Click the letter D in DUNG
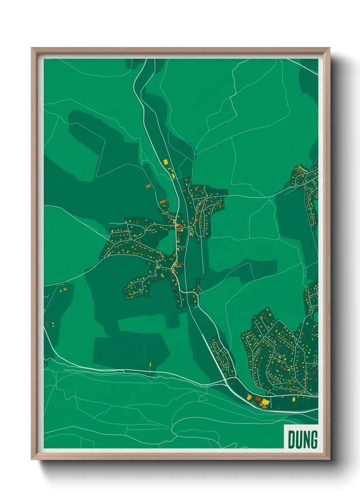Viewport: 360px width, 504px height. point(291,440)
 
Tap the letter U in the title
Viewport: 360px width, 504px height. point(298,440)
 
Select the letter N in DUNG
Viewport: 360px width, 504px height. point(306,440)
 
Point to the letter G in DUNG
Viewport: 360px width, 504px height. point(313,440)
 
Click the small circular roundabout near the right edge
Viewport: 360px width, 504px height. point(296,186)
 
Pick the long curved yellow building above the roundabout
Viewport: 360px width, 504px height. point(302,168)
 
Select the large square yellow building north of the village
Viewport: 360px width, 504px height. point(166,161)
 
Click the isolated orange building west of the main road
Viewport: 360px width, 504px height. point(148,186)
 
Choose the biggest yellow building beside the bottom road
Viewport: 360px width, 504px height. point(265,402)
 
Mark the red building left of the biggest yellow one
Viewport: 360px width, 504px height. point(258,399)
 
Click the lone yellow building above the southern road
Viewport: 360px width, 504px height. point(150,365)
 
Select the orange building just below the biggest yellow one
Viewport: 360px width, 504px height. point(264,407)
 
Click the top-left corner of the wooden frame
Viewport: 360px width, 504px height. point(32,48)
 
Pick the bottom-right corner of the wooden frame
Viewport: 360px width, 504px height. point(329,460)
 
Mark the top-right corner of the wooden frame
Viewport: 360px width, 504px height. point(329,48)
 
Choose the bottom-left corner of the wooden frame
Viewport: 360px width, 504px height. point(32,460)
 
